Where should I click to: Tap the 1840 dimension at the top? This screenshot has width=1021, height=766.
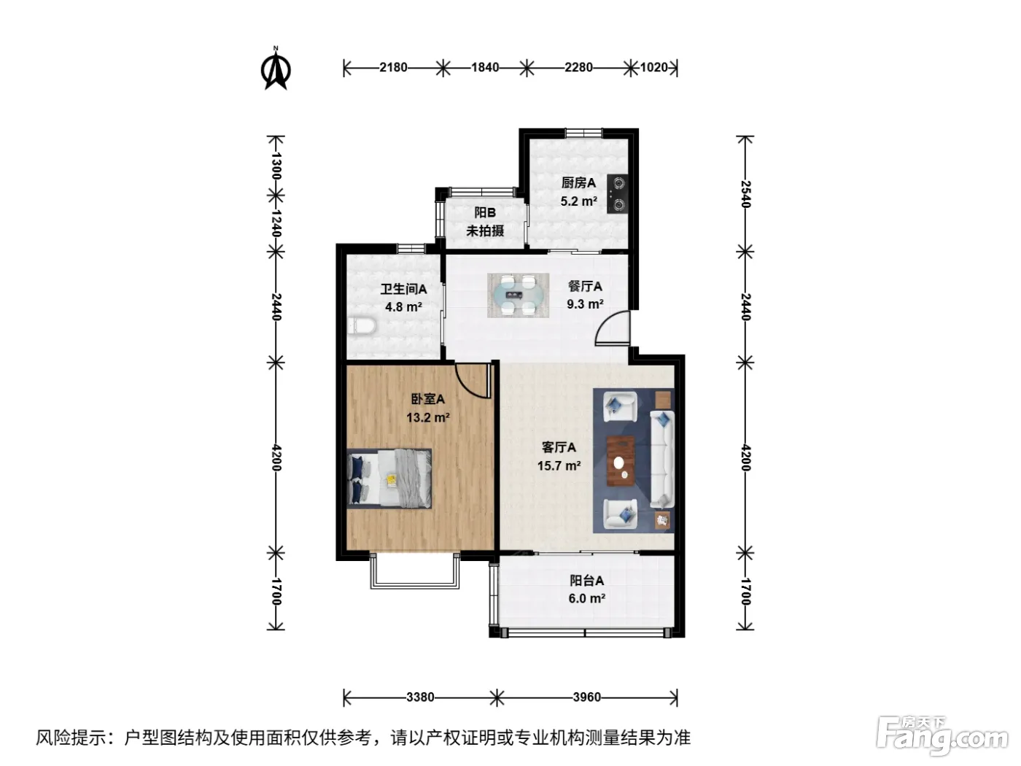click(485, 67)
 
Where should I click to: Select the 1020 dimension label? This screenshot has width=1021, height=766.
click(653, 67)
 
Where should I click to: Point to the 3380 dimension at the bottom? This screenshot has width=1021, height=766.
click(420, 697)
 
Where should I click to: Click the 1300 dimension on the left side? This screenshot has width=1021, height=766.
click(276, 166)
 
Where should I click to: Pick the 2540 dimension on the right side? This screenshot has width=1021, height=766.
click(745, 193)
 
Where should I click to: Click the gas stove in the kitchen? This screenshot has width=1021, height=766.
click(618, 193)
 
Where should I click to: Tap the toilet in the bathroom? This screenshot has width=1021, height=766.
click(362, 325)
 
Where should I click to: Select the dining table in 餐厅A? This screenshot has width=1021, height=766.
click(518, 295)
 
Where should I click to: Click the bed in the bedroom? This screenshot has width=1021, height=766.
click(389, 478)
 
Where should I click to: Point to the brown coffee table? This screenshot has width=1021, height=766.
click(621, 461)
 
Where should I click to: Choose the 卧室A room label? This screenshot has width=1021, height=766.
click(428, 398)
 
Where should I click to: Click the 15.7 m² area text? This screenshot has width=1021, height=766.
click(559, 465)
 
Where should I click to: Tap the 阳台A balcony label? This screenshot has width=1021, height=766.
click(587, 581)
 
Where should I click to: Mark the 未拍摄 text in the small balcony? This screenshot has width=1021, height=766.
click(485, 231)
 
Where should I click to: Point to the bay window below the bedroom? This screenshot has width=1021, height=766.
click(414, 572)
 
